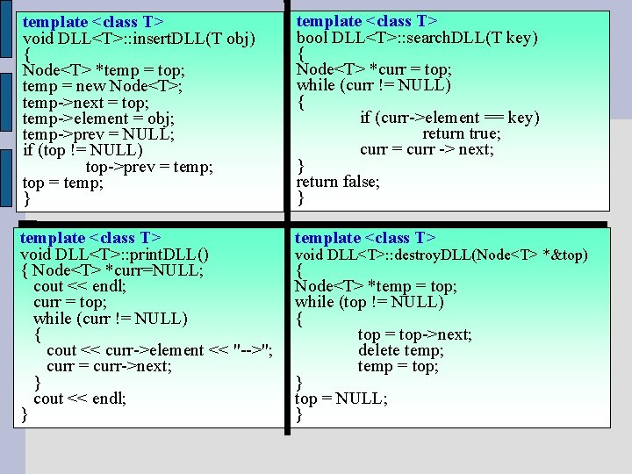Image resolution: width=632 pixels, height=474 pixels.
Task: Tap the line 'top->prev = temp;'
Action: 149,167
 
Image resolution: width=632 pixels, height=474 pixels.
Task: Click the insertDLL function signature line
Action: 139,39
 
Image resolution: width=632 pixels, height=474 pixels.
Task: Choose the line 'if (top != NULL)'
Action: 83,150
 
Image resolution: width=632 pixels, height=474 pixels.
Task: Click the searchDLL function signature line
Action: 417,38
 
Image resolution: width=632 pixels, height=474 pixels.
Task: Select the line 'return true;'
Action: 462,133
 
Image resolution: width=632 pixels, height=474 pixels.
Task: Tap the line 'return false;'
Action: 338,182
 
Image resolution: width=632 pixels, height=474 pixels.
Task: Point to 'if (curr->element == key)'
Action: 449,118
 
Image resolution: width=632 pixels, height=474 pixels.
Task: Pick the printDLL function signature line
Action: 114,255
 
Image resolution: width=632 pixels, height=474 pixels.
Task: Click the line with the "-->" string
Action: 159,350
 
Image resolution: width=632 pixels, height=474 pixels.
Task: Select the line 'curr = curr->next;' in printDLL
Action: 109,366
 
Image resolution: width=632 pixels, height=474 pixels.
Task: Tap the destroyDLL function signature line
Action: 441,255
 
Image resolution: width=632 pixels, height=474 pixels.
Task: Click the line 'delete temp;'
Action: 400,350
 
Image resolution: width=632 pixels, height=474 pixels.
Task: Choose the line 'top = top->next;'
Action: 414,334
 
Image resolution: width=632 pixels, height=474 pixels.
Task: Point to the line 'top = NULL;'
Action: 341,399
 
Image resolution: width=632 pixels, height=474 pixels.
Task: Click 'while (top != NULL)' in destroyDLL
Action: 370,302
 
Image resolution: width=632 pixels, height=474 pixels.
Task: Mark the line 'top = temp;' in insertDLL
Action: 62,183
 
